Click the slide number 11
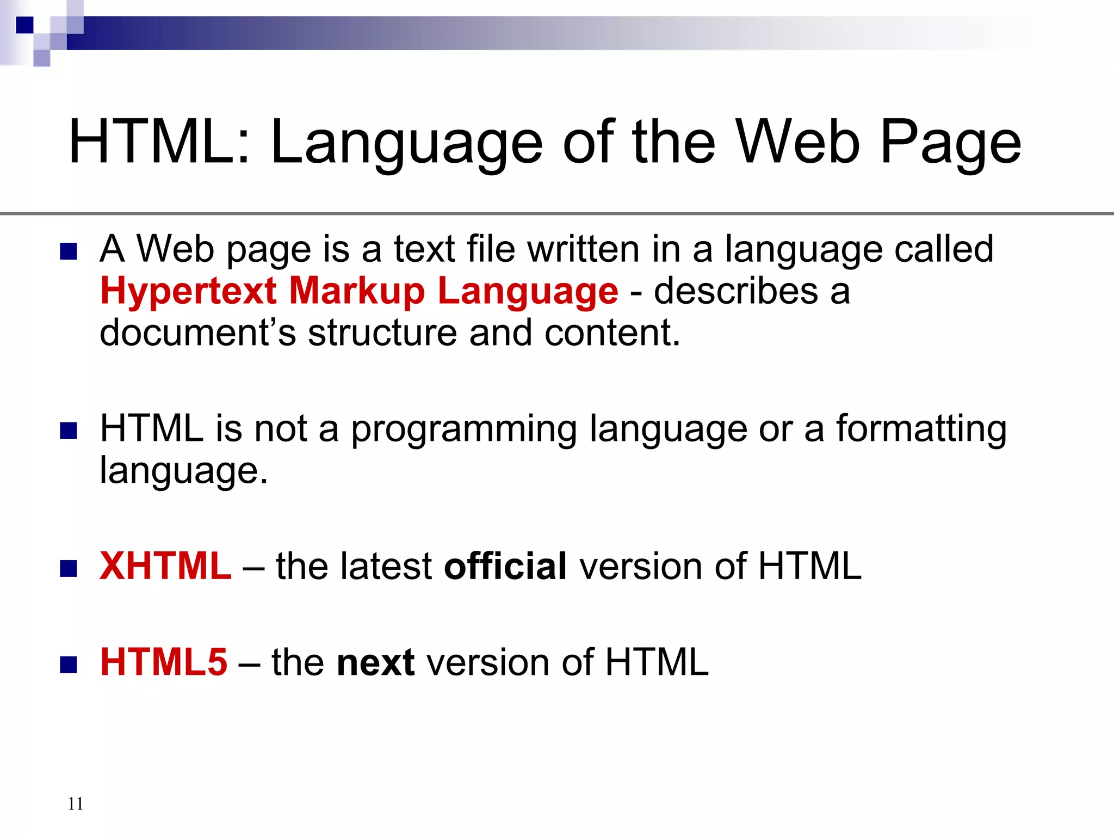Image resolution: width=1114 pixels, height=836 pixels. click(x=76, y=803)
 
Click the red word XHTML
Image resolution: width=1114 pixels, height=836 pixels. click(x=165, y=566)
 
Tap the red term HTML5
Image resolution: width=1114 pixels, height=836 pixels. click(x=164, y=662)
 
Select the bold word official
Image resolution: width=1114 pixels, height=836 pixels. click(x=505, y=566)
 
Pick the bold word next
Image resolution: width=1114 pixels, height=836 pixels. click(x=376, y=662)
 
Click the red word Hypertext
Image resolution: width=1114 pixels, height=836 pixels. click(x=189, y=291)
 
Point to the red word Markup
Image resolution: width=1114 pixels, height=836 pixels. click(x=357, y=291)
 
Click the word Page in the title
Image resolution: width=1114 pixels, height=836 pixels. click(x=951, y=143)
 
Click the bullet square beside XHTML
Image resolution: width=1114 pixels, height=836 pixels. click(x=69, y=568)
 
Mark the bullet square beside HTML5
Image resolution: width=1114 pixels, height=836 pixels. click(x=69, y=665)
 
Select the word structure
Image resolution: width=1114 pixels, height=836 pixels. click(x=382, y=333)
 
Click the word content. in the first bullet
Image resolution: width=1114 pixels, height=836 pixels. click(x=612, y=333)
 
